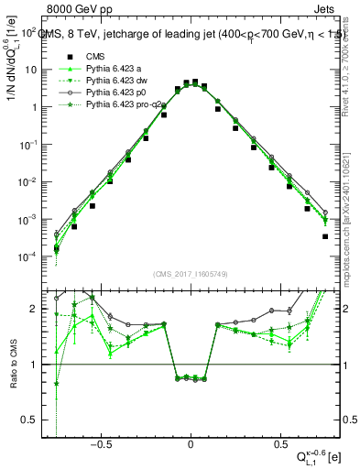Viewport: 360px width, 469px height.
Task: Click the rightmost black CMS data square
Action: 325,236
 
